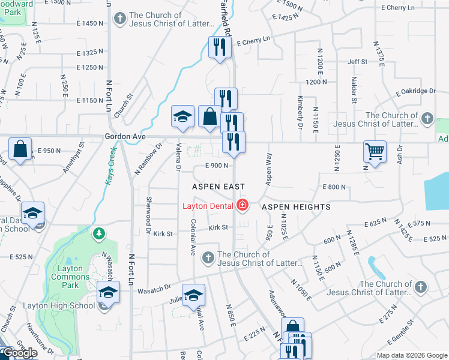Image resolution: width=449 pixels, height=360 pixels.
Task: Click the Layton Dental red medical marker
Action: point(243,206)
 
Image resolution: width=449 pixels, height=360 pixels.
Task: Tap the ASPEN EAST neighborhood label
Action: point(215,187)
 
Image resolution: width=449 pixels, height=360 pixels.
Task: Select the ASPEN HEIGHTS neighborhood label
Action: point(296,206)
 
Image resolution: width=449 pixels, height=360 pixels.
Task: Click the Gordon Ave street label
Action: point(125,137)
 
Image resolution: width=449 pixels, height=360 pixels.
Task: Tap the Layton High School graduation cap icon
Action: point(108,292)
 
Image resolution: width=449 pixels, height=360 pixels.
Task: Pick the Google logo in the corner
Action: point(19,353)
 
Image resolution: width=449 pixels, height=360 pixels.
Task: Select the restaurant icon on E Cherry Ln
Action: point(220,47)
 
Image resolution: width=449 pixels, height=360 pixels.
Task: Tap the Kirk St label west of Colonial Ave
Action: point(163,233)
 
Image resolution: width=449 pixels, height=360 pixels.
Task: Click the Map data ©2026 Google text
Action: point(412,355)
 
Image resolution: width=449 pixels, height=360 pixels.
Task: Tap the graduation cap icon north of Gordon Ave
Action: point(182,116)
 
